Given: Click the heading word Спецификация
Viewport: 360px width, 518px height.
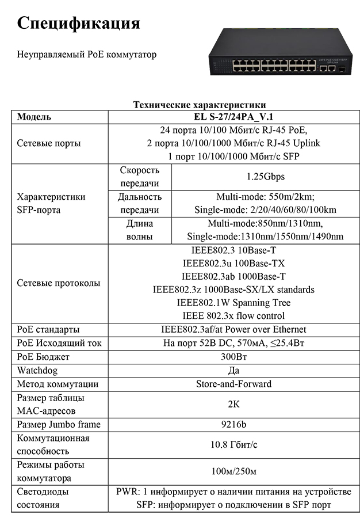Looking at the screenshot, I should [x=79, y=24].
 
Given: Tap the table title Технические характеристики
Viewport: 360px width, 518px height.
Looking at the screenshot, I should [x=200, y=105].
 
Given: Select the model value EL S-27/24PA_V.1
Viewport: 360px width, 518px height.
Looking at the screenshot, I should [x=233, y=117].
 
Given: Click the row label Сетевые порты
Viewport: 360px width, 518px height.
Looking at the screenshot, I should [x=49, y=143].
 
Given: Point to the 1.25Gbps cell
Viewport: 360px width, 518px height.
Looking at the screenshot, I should [x=265, y=177].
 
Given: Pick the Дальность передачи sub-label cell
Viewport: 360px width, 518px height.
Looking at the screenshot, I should [x=140, y=203].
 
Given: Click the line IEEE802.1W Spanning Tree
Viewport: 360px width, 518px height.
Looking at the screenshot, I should [x=233, y=303].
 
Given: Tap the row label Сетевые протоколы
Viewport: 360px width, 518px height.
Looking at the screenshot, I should [x=59, y=283].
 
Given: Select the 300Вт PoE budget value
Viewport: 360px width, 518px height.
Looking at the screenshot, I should [x=233, y=357].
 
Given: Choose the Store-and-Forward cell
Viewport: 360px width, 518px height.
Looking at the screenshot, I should [x=233, y=384].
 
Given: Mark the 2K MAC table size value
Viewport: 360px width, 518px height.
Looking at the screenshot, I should [x=233, y=404].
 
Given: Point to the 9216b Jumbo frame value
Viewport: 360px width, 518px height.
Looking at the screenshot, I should [x=233, y=425].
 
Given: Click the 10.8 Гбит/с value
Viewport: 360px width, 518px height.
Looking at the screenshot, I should [x=233, y=445].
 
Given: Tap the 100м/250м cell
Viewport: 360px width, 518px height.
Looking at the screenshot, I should [x=233, y=472].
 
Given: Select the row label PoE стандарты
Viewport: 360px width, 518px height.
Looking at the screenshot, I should [x=48, y=330].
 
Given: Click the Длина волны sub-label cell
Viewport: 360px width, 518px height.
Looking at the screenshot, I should [x=140, y=230].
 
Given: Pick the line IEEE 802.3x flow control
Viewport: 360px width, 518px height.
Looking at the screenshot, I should [x=233, y=316].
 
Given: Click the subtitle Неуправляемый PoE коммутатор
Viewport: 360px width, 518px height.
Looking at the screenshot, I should [x=87, y=55].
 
